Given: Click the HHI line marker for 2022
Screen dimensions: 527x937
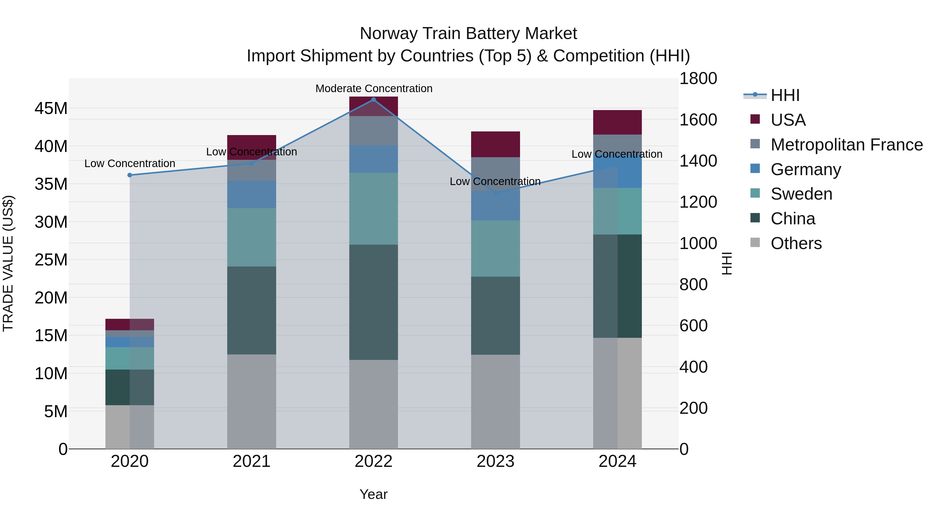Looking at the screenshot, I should pyautogui.click(x=373, y=99).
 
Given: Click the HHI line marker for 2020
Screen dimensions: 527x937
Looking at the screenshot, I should pyautogui.click(x=130, y=175).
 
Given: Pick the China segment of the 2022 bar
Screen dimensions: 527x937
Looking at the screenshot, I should pyautogui.click(x=373, y=302).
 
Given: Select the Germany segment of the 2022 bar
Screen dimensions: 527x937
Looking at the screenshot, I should pyautogui.click(x=373, y=159).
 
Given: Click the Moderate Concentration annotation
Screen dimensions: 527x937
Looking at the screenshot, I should pyautogui.click(x=373, y=88).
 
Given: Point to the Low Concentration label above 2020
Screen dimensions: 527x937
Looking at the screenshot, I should pyautogui.click(x=130, y=163).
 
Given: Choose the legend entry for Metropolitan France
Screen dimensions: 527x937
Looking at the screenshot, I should pyautogui.click(x=846, y=145).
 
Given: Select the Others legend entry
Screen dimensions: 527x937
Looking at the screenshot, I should pyautogui.click(x=796, y=243).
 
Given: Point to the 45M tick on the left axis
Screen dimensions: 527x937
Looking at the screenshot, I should pyautogui.click(x=51, y=108).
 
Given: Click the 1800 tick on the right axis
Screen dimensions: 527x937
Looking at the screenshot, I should pyautogui.click(x=698, y=79).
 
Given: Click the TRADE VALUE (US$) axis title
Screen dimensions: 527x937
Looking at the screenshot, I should pyautogui.click(x=8, y=263).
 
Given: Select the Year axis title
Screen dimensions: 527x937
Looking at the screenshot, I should pyautogui.click(x=373, y=494).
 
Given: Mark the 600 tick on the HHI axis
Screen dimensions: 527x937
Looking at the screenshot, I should pyautogui.click(x=693, y=326).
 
